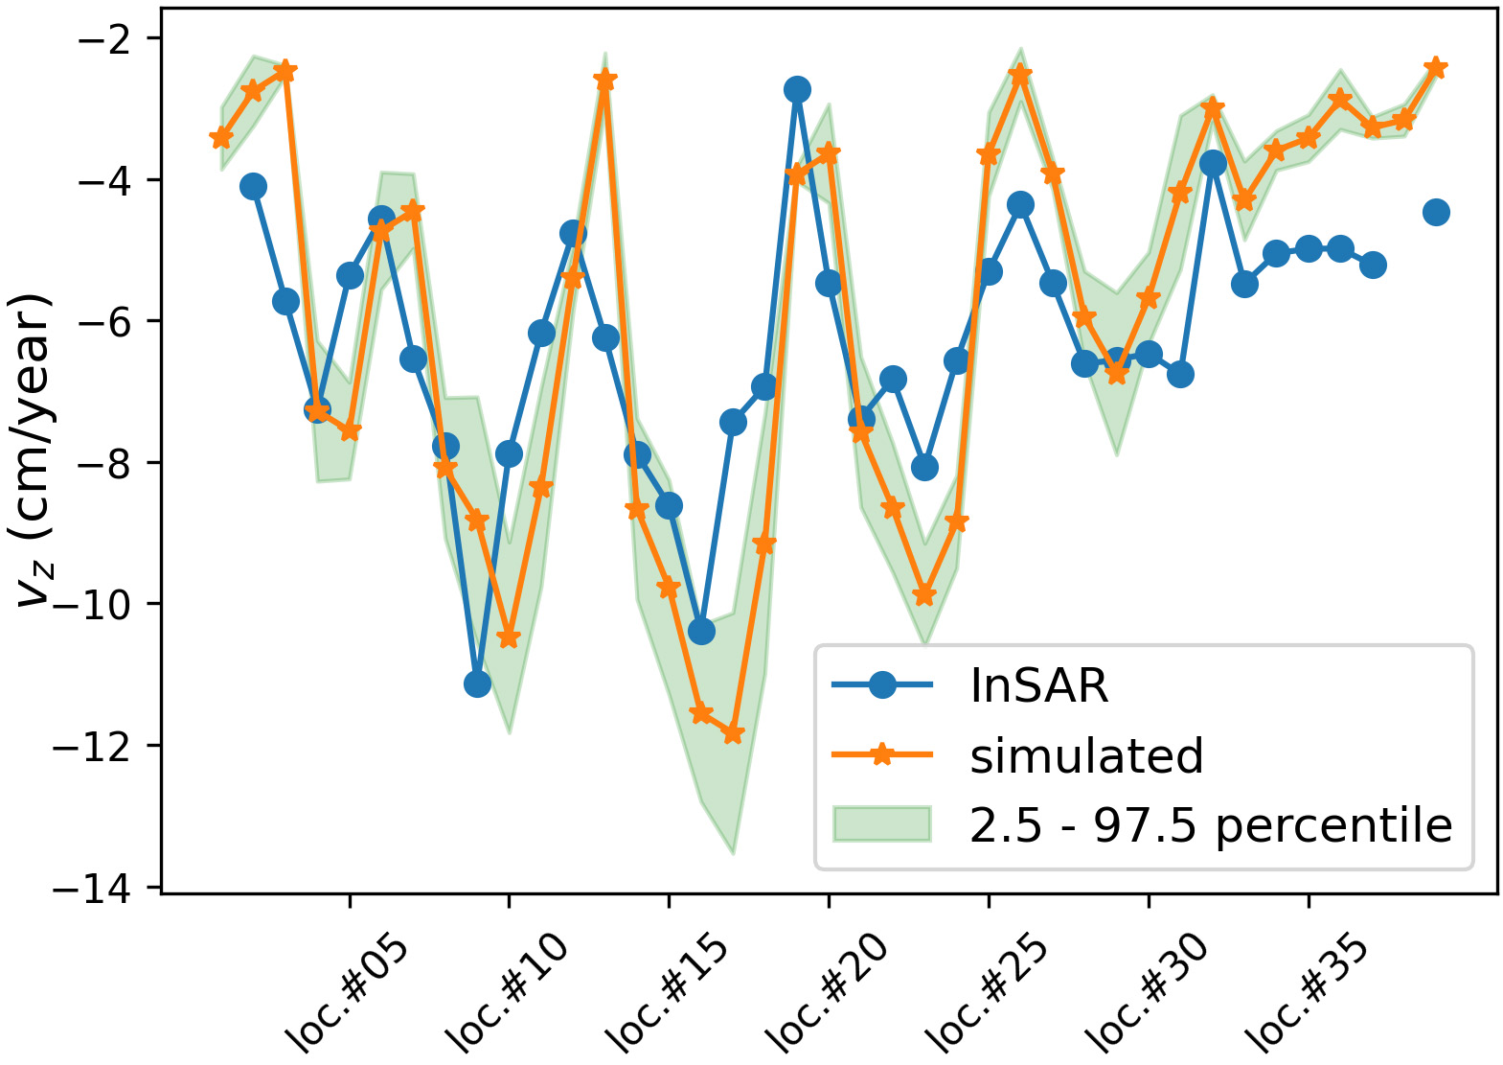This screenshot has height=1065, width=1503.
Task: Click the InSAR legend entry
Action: point(1038,685)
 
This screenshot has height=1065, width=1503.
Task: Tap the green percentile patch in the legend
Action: point(881,824)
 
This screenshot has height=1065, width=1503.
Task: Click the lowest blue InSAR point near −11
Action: point(477,683)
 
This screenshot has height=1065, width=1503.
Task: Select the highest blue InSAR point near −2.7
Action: point(797,89)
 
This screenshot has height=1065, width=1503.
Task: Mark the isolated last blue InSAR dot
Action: point(1435,212)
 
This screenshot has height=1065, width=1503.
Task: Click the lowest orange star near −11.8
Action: point(733,734)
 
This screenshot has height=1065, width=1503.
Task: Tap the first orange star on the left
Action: point(221,138)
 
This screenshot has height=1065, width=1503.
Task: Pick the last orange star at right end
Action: point(1435,67)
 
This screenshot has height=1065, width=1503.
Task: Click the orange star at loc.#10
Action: point(509,638)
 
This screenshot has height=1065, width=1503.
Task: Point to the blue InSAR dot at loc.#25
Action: point(989,271)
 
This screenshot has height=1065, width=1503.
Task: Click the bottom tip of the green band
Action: point(733,852)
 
